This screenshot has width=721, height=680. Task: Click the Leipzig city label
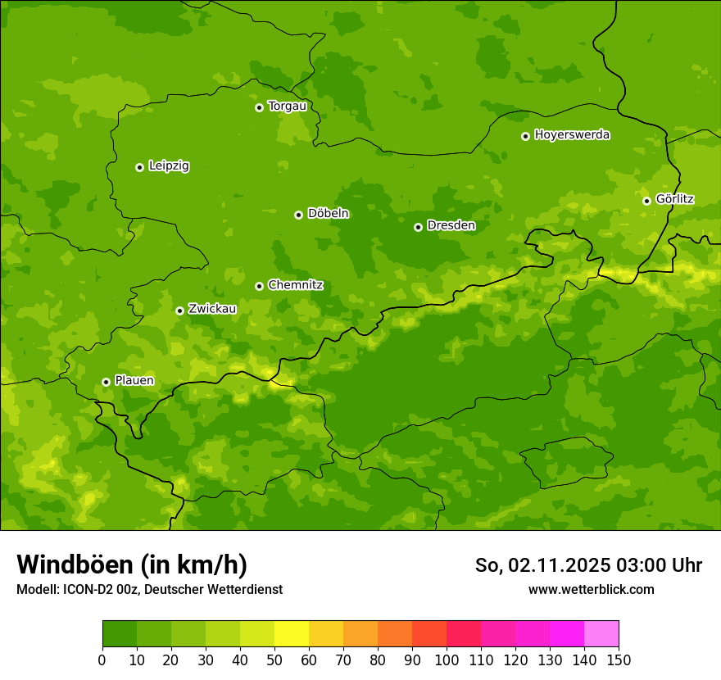[x=169, y=166]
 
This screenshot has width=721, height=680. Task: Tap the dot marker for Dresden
[x=418, y=227]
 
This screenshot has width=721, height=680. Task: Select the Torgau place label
[x=287, y=107]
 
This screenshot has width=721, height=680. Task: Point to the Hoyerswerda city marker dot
[x=525, y=136]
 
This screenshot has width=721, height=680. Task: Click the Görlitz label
[x=674, y=199]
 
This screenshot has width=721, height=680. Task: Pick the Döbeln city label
[x=328, y=214]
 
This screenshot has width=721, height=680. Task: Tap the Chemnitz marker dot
[x=259, y=286]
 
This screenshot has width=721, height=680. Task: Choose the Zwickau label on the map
[x=212, y=309]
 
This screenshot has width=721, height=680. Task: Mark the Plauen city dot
[x=106, y=382]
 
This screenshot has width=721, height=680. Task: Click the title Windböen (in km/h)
[x=132, y=564]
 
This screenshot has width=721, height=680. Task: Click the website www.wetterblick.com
[x=591, y=589]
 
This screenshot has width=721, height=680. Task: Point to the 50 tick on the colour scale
[x=274, y=660]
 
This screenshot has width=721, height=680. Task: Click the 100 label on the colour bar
[x=447, y=660]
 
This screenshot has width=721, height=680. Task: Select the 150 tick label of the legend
[x=619, y=660]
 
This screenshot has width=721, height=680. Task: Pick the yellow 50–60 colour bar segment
[x=292, y=634]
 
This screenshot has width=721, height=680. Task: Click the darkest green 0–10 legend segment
[x=120, y=634]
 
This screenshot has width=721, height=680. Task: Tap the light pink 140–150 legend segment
[x=601, y=634]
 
